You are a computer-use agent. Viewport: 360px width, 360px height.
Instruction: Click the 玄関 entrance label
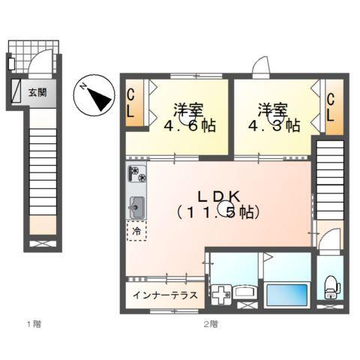[x=37, y=93]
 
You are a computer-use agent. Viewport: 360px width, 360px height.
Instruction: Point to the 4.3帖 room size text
[x=280, y=125]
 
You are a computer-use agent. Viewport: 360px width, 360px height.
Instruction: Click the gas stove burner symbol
[x=136, y=175]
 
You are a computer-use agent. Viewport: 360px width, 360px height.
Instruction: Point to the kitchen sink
[x=136, y=205]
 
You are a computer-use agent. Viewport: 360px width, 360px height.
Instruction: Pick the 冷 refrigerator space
[x=136, y=232]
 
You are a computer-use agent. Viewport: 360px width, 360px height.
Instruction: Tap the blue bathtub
[x=286, y=293]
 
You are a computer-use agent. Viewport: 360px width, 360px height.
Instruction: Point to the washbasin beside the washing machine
[x=245, y=292]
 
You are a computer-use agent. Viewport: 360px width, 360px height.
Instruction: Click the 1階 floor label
[x=32, y=324]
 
